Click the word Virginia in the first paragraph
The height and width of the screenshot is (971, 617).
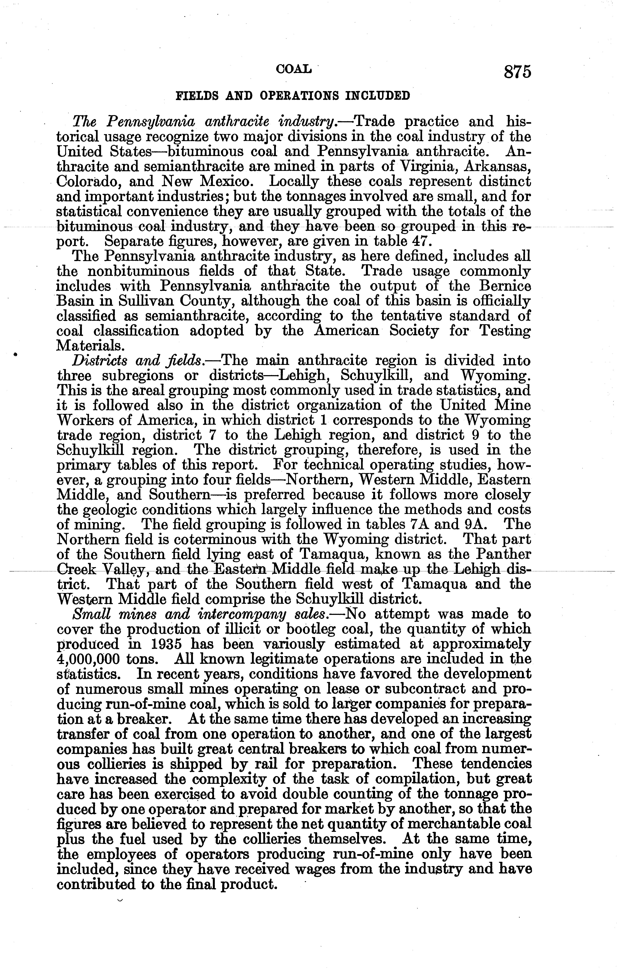[429, 167]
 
